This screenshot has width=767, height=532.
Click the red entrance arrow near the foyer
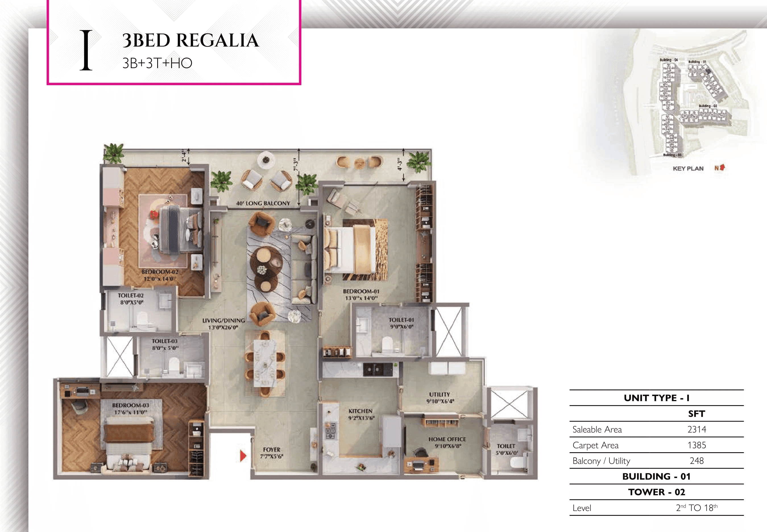[x=243, y=456]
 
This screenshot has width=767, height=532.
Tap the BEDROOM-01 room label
[x=361, y=291]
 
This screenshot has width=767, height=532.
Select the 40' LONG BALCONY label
[x=263, y=203]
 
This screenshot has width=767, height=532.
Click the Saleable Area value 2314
[x=696, y=429]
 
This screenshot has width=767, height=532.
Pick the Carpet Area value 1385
[x=696, y=445]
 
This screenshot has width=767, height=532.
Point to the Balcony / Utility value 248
[x=696, y=461]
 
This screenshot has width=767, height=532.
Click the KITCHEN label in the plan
[x=360, y=411]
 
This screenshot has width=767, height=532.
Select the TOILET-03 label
[x=165, y=341]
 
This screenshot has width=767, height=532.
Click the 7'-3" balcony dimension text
[x=295, y=164]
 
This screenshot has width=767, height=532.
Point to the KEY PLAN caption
[x=688, y=168]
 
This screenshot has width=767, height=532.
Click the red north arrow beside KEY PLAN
[x=722, y=167]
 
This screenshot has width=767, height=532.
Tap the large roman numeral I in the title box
[x=86, y=50]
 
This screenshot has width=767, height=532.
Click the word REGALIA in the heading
[x=217, y=41]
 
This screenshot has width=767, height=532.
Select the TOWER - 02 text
[x=656, y=492]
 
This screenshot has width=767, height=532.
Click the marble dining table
[x=265, y=363]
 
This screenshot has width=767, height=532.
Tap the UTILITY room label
[x=439, y=394]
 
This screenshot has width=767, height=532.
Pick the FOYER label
[x=271, y=450]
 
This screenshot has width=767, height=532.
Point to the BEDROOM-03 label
[x=130, y=405]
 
